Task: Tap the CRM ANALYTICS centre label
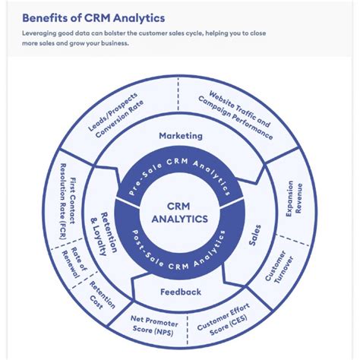pos(179,213)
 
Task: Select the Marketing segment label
pos(180,136)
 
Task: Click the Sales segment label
pos(255,235)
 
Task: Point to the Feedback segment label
pos(180,292)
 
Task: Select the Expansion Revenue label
pos(294,199)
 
